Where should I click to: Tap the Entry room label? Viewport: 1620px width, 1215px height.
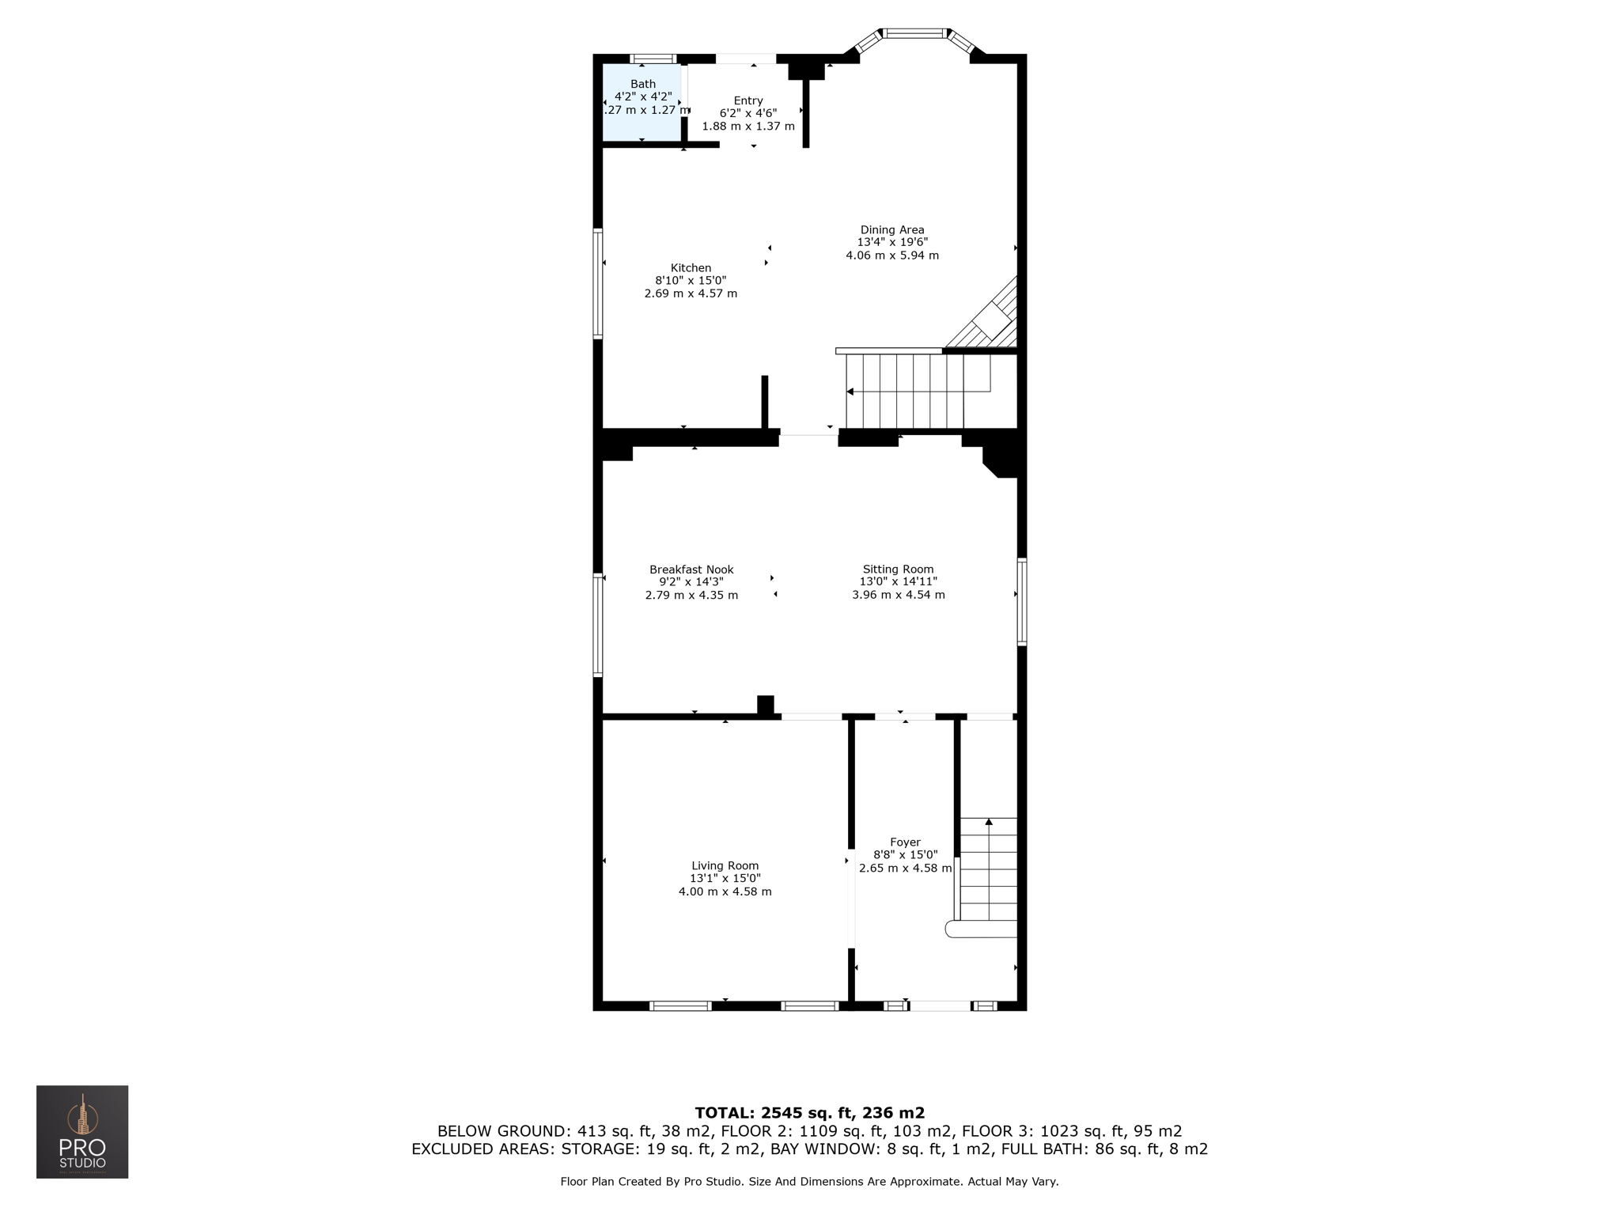tap(748, 100)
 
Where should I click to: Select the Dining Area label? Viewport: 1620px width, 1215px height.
tap(892, 230)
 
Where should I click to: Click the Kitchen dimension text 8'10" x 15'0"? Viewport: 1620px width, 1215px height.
tap(690, 281)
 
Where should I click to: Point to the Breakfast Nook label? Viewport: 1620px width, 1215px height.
tap(691, 570)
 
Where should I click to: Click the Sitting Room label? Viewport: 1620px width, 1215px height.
tap(898, 570)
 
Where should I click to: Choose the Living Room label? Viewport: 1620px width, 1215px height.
tap(725, 866)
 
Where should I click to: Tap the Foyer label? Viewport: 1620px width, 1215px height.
tap(905, 842)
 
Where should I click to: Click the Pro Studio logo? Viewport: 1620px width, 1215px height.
tap(82, 1132)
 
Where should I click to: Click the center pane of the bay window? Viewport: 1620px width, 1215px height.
tap(914, 33)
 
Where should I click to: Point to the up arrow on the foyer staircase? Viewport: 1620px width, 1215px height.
tap(989, 823)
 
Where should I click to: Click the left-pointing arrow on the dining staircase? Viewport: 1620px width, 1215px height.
tap(850, 392)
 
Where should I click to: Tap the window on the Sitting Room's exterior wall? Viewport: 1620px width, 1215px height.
tap(1022, 602)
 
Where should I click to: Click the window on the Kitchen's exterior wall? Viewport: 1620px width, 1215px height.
tap(598, 284)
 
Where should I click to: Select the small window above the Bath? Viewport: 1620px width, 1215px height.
tap(653, 59)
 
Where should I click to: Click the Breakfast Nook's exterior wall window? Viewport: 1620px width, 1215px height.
tap(598, 625)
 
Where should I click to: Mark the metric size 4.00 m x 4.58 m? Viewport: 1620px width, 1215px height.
tap(725, 891)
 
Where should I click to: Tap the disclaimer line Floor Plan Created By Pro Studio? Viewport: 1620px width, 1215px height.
tap(809, 1182)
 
